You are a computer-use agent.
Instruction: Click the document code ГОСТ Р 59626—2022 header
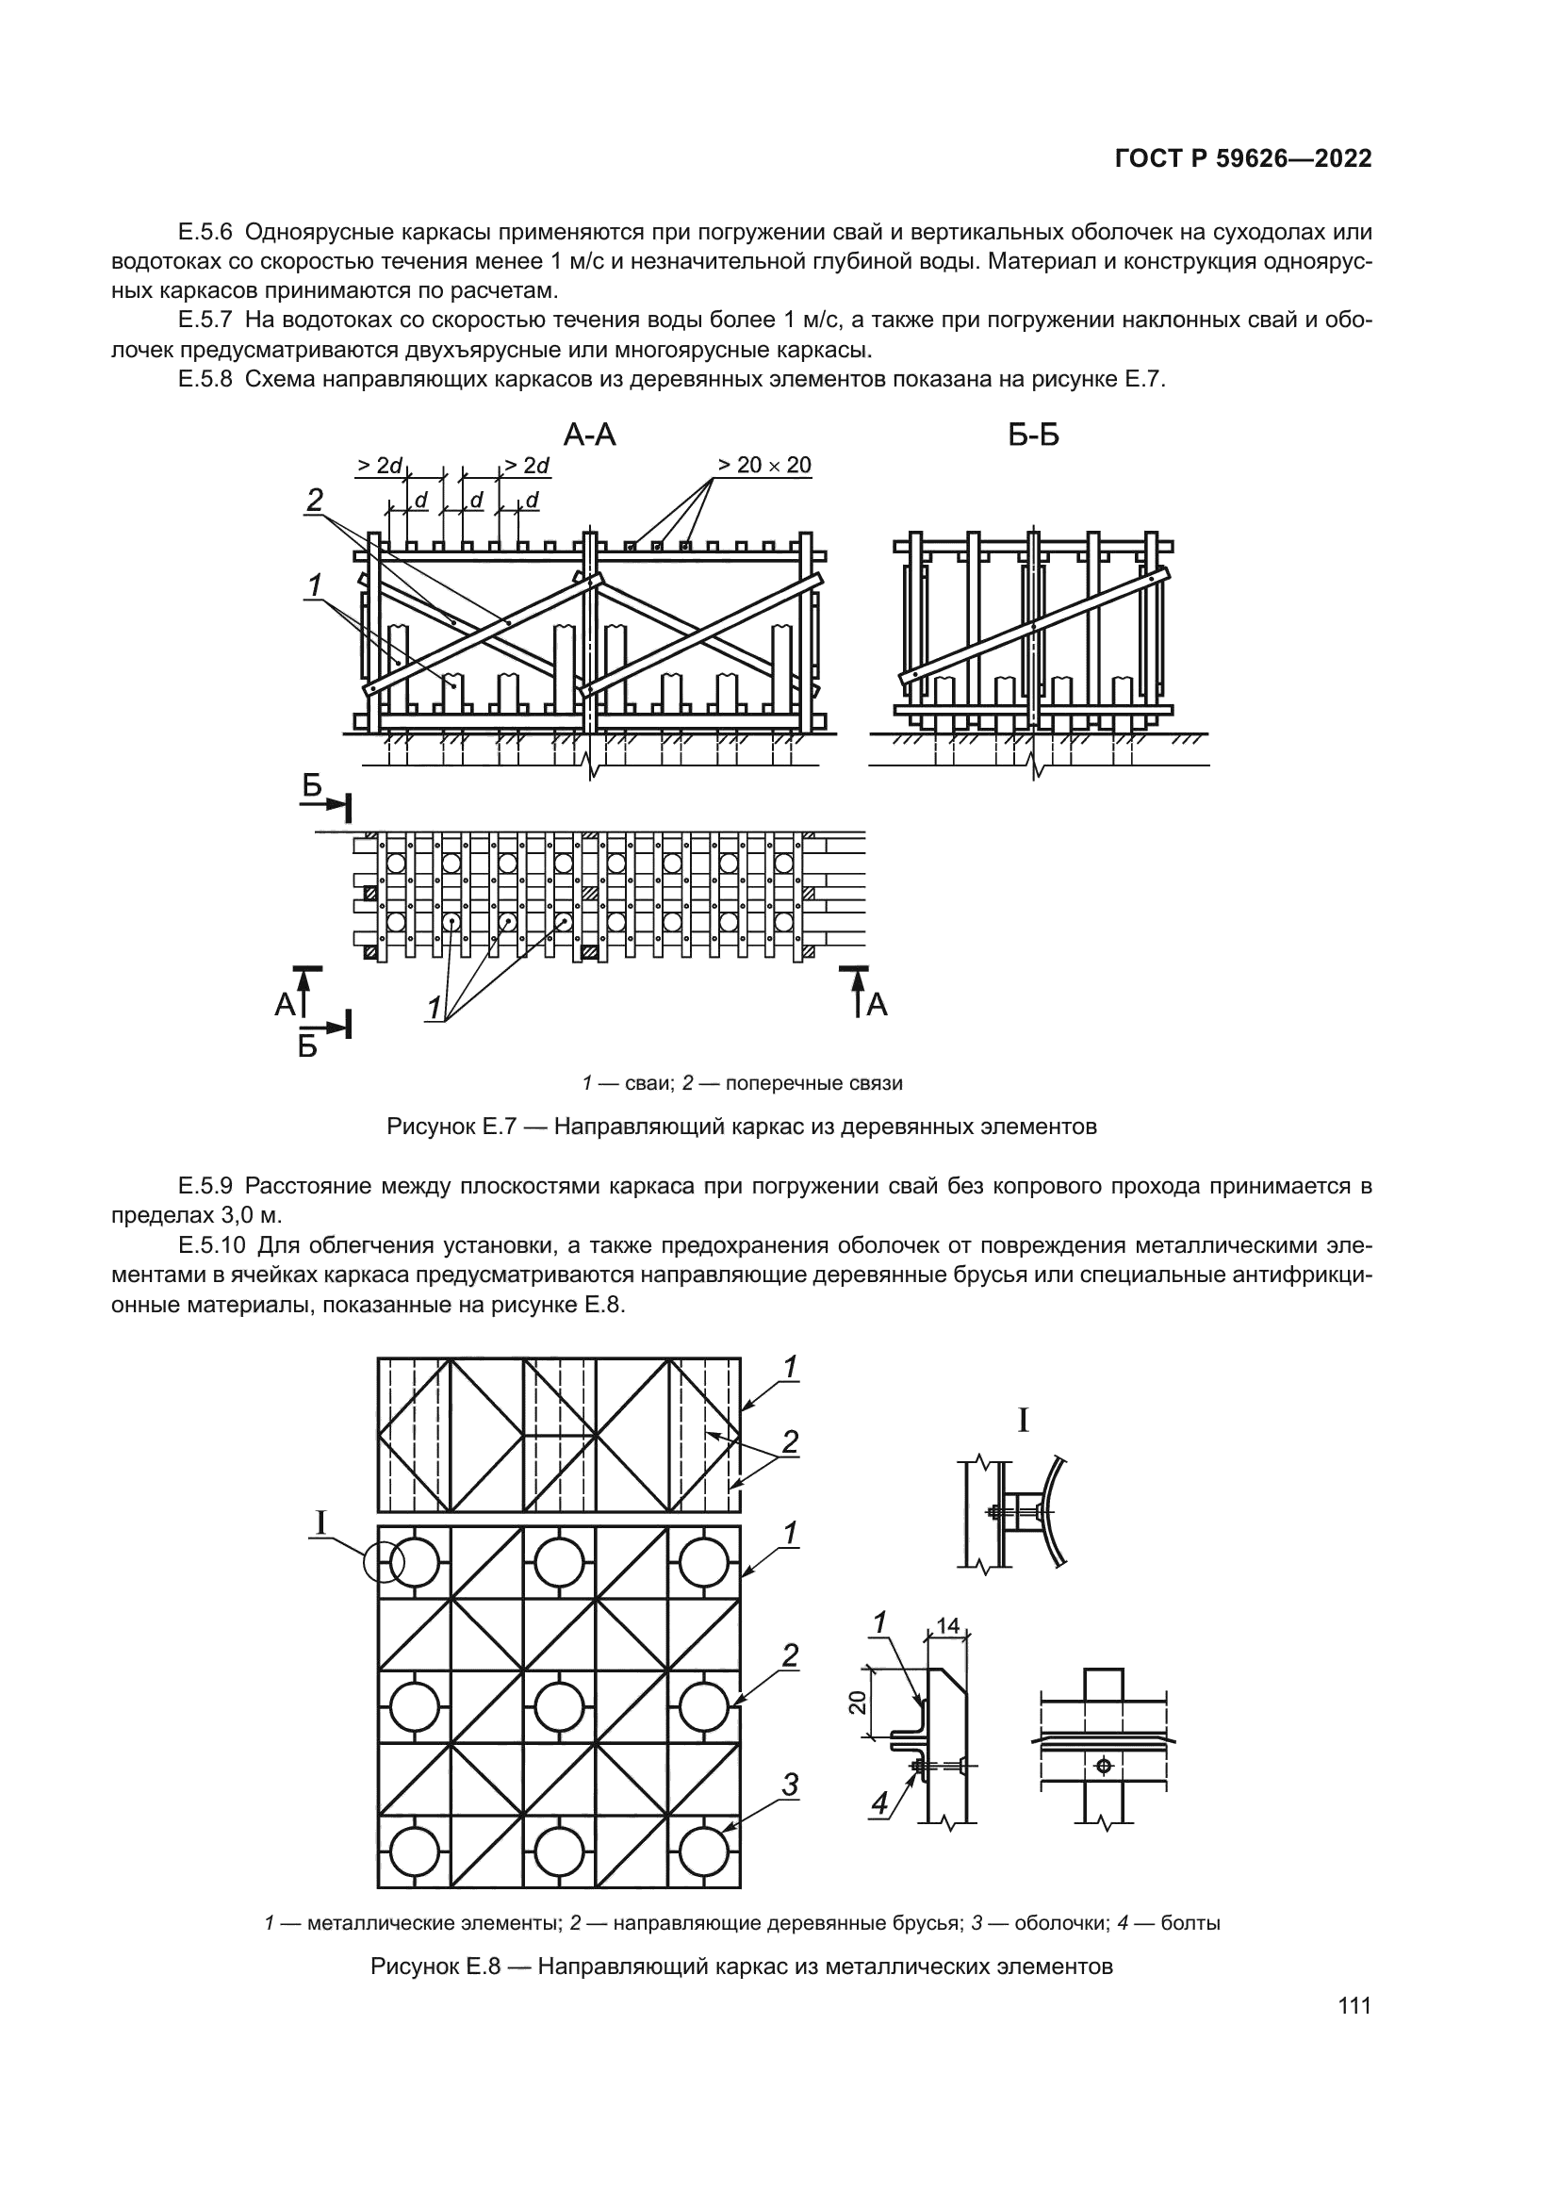pos(1243,159)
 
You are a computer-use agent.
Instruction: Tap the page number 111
pos(1354,2005)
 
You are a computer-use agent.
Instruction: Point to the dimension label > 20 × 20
pos(765,466)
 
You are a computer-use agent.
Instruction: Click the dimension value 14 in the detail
pos(947,1626)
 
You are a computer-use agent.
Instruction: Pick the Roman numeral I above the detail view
pos(1024,1421)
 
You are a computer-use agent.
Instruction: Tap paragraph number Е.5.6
pos(205,232)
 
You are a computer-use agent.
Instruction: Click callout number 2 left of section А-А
pos(314,501)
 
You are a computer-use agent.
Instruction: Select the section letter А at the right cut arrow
pos(877,1006)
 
